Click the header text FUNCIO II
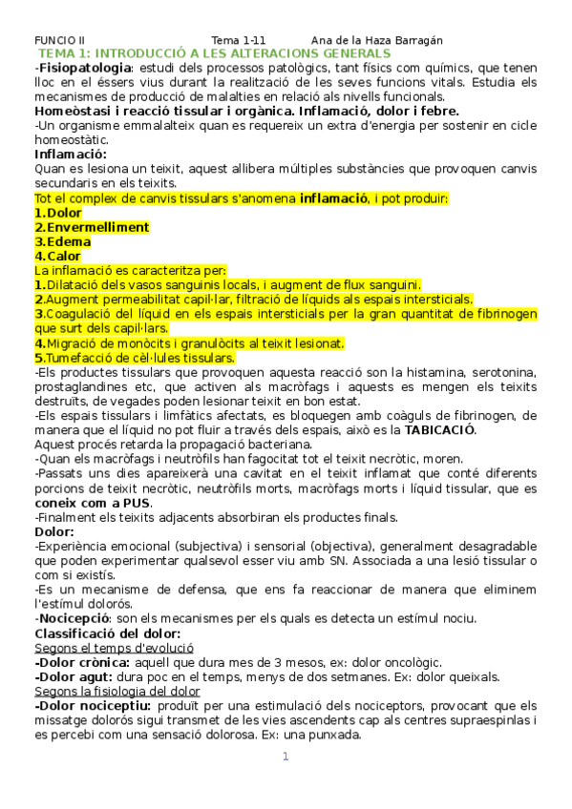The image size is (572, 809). coord(59,40)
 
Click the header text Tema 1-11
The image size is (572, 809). coord(238,40)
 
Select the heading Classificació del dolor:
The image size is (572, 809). coord(108,633)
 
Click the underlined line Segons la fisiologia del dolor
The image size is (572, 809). coord(117,691)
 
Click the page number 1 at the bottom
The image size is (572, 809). coord(285,757)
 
